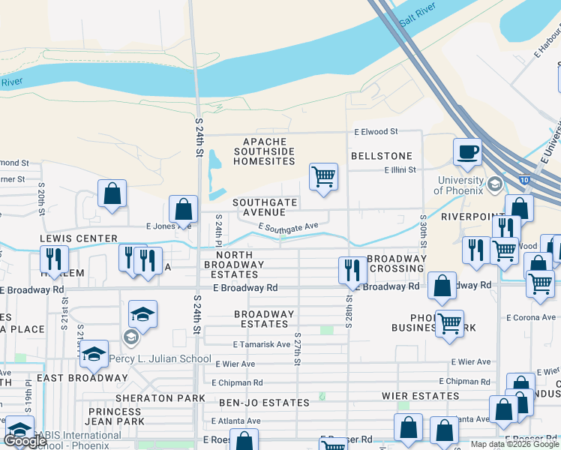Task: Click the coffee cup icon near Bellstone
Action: point(467,151)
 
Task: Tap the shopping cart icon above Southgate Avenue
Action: point(323,177)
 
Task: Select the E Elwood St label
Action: point(376,132)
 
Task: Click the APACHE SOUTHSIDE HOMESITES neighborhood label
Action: point(265,151)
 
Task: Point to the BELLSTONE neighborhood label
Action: point(382,156)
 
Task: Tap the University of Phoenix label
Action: point(460,185)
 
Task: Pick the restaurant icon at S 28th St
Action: point(352,270)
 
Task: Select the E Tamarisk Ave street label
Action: point(261,345)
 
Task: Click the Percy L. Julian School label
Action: point(160,358)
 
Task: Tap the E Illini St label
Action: point(400,170)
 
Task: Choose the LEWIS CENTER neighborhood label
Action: point(79,238)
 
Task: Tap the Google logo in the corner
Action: point(25,441)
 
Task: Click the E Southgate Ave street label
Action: point(289,226)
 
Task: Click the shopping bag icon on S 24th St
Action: point(183,210)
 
